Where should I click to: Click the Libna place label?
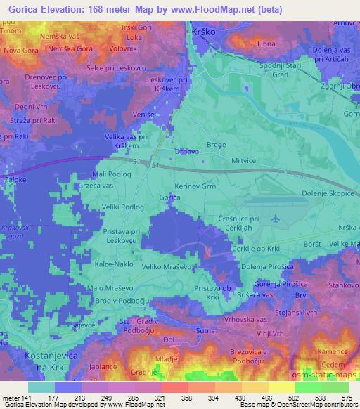(266, 44)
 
